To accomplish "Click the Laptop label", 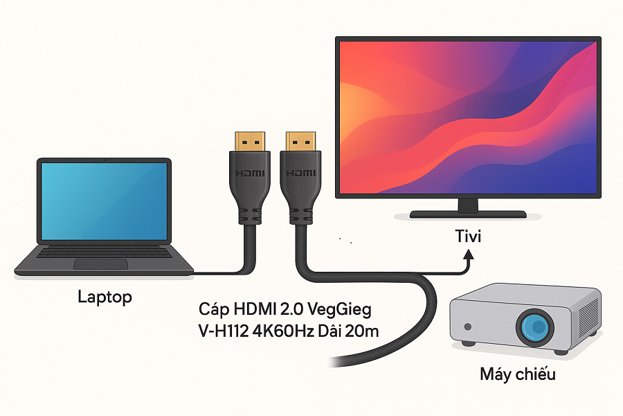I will pyautogui.click(x=105, y=297).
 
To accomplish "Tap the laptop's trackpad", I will pyautogui.click(x=100, y=263).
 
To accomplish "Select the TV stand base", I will pyautogui.click(x=468, y=214).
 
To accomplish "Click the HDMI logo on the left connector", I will pyautogui.click(x=250, y=173).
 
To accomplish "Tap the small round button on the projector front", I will pyautogui.click(x=469, y=327).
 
